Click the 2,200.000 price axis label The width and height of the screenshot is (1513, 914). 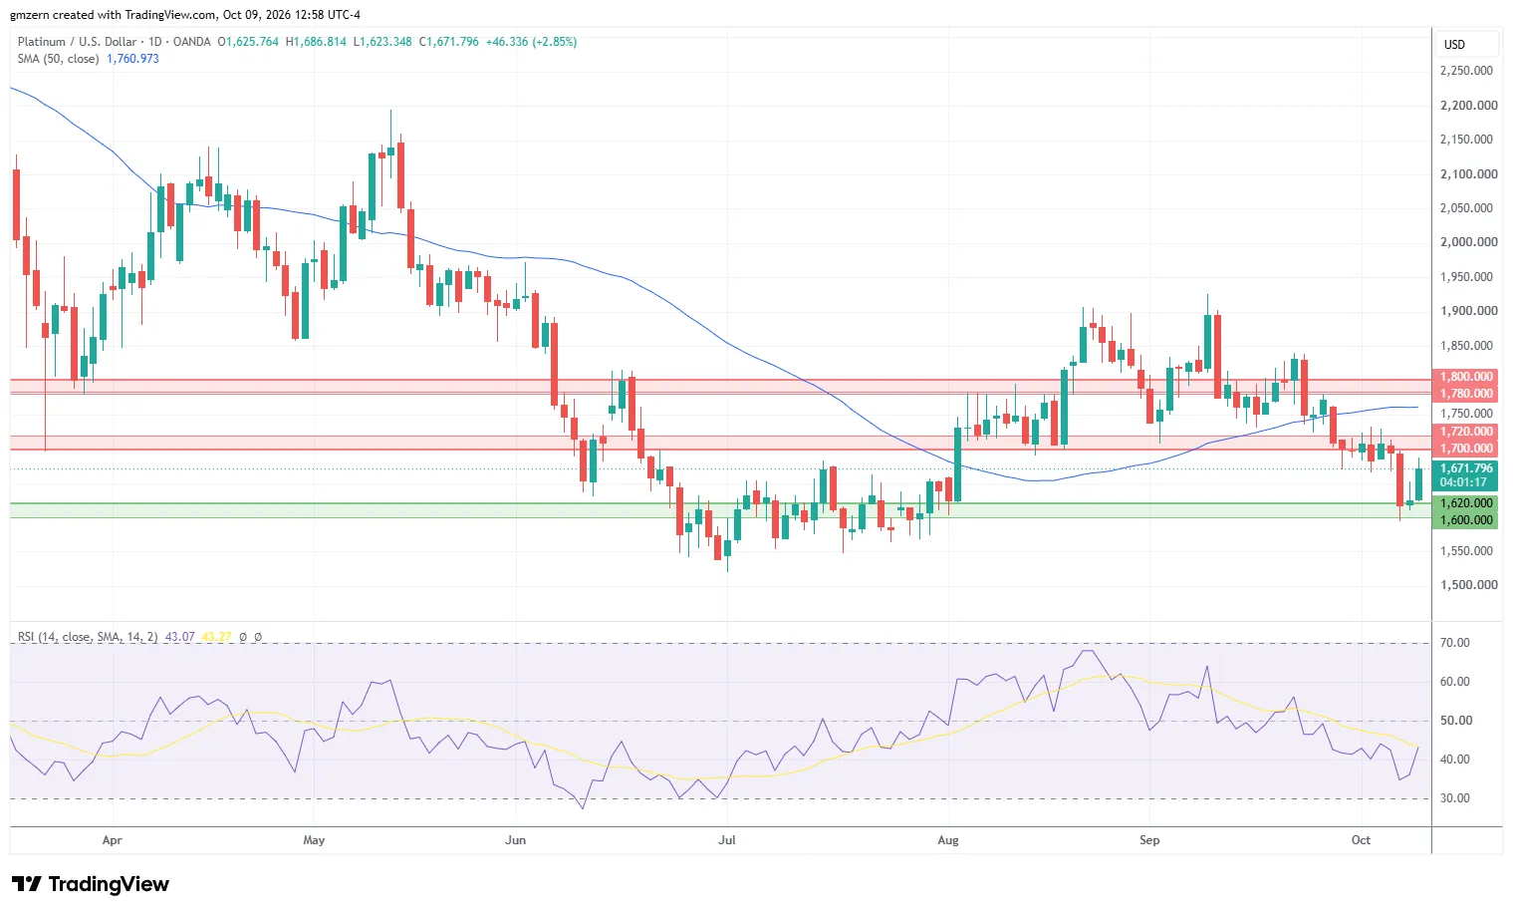coord(1468,106)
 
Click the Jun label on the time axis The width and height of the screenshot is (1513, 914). coord(515,840)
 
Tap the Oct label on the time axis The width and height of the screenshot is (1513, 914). coord(1361,840)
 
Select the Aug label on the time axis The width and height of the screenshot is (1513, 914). coord(948,840)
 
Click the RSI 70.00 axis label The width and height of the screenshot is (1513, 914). coord(1454,643)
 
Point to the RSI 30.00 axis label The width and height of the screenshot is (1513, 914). coord(1454,798)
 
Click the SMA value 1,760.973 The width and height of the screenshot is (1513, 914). coord(133,59)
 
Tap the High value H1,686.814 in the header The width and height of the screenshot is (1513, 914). coord(316,42)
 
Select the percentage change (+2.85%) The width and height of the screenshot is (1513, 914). coord(555,42)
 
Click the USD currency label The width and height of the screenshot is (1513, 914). coord(1454,45)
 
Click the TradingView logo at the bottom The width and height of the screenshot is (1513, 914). coord(91,883)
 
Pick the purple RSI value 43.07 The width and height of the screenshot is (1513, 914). coord(179,637)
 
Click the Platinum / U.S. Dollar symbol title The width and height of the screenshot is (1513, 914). coord(77,42)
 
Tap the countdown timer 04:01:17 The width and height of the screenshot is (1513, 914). coord(1463,482)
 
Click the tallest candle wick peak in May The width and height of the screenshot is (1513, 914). coord(391,111)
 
